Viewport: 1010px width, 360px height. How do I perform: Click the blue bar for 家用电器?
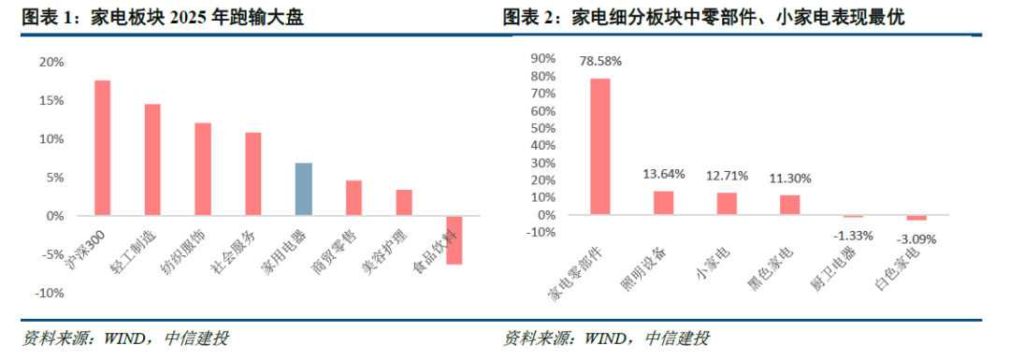(303, 189)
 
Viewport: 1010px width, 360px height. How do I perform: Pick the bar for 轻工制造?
(152, 160)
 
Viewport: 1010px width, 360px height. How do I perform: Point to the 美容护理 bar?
(404, 202)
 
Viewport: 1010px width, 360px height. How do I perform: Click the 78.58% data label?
(600, 62)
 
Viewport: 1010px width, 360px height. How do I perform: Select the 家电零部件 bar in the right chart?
(600, 146)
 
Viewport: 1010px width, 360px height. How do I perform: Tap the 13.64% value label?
(664, 174)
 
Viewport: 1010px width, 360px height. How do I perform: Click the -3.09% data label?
(916, 238)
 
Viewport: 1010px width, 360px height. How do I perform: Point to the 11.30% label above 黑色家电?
(790, 178)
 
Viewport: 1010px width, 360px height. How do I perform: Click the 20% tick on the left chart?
(51, 62)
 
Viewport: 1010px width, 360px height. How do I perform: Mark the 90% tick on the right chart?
(543, 58)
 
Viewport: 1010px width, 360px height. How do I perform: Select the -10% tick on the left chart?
(50, 293)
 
